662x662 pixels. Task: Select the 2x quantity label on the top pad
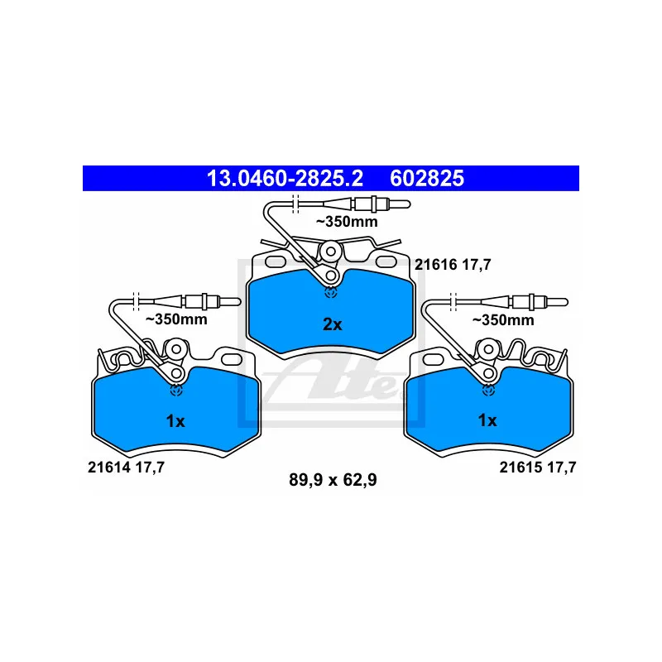coord(331,324)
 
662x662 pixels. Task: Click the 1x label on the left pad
coord(175,421)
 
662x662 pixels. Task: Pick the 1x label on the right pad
coord(487,421)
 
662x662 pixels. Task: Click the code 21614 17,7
coord(127,468)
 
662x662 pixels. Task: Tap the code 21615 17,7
coord(537,468)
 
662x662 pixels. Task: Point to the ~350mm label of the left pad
coord(176,319)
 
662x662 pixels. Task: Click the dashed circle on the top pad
coord(331,291)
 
